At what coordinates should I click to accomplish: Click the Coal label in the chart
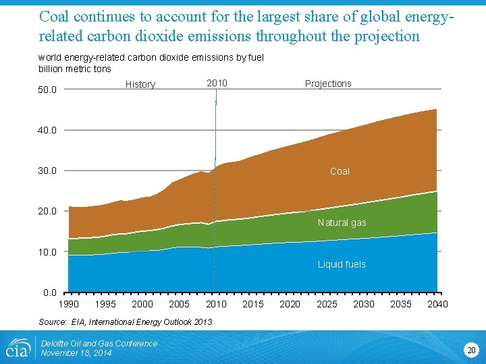(340, 172)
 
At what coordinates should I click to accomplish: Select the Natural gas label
(342, 222)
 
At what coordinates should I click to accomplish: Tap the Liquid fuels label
(342, 264)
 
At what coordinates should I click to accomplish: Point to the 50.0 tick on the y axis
(47, 90)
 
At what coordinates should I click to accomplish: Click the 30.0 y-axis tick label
(47, 171)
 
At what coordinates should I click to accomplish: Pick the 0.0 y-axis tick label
(49, 293)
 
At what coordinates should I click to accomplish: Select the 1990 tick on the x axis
(68, 305)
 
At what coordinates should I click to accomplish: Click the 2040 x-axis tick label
(437, 305)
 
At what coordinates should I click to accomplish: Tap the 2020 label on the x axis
(290, 305)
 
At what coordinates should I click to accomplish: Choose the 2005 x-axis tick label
(179, 305)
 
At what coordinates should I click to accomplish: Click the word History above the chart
(140, 84)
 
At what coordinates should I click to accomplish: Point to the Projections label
(328, 84)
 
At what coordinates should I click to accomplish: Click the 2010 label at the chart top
(217, 83)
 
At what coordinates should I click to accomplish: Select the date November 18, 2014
(76, 353)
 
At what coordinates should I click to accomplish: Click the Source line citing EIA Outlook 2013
(125, 322)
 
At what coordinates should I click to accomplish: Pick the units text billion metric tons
(75, 69)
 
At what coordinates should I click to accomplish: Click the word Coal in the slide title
(53, 15)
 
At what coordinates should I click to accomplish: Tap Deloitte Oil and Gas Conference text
(99, 343)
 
